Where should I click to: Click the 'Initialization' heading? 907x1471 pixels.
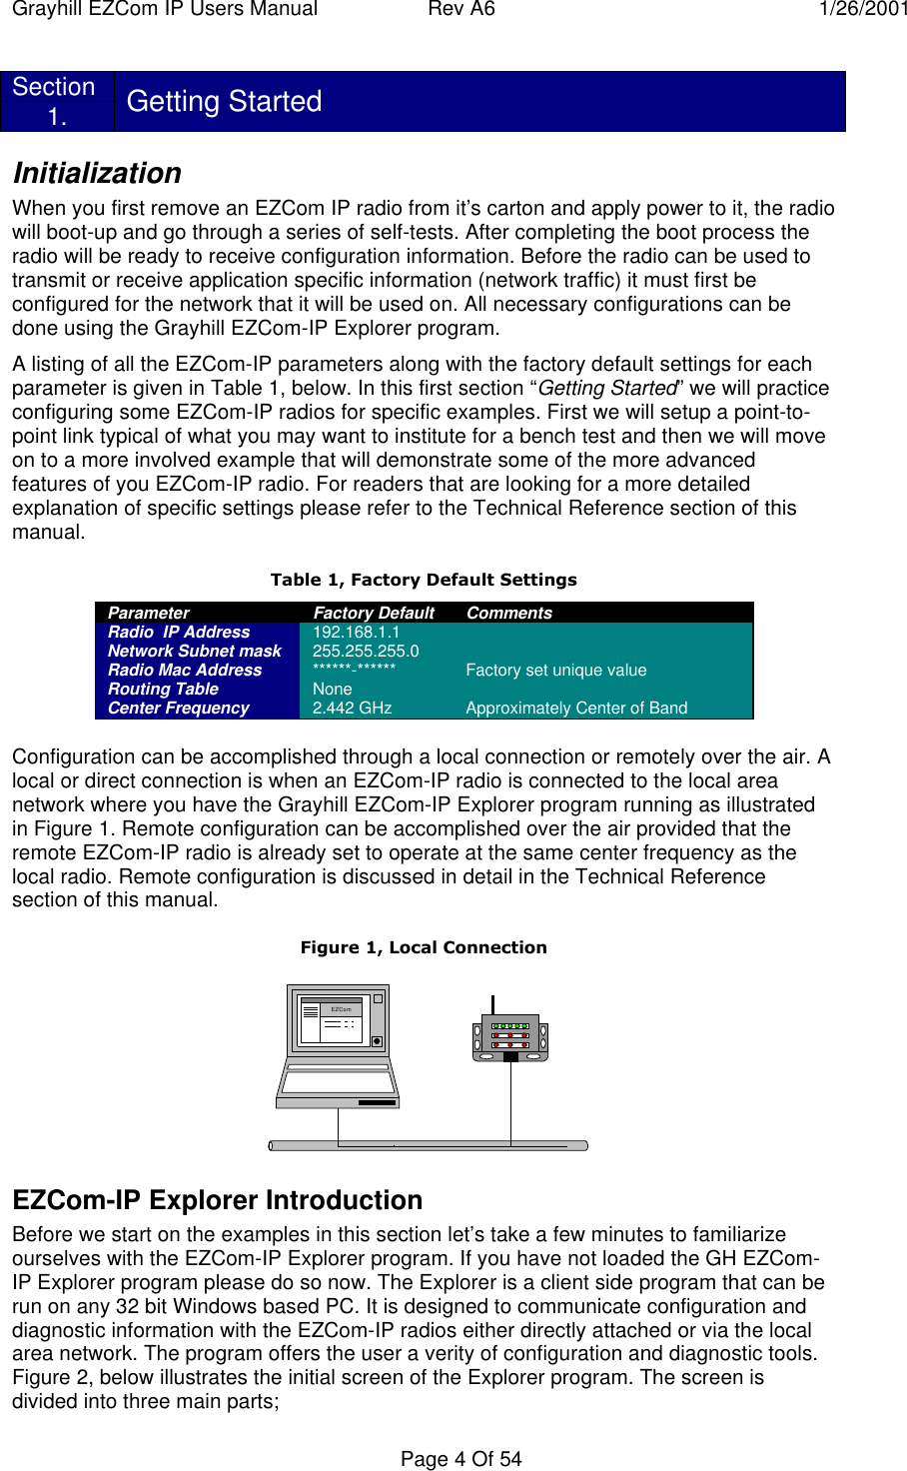tap(97, 173)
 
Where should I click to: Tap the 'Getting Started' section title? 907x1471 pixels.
tap(224, 101)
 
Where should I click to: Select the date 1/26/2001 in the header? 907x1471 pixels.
tap(863, 9)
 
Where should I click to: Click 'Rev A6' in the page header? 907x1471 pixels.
tap(460, 9)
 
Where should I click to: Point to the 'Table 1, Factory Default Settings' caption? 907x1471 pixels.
tap(424, 580)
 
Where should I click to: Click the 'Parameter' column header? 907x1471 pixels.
tap(148, 613)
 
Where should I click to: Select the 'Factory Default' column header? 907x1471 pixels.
tap(374, 613)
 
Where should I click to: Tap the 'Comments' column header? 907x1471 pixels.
tap(508, 613)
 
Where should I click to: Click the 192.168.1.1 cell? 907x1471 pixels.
tap(356, 632)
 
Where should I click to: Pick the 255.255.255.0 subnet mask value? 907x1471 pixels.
tap(366, 651)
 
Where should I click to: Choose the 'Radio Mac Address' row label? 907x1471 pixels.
tap(185, 670)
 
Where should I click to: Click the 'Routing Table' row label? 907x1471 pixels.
tap(163, 689)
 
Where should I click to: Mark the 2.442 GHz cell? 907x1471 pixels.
tap(352, 708)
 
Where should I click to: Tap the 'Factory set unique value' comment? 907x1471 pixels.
tap(555, 670)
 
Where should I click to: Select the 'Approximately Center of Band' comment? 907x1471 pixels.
tap(576, 708)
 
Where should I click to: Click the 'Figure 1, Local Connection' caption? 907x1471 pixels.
tap(424, 947)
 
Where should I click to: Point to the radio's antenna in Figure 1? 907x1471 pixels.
tap(492, 1004)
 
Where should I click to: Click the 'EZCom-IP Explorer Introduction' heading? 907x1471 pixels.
tap(217, 1200)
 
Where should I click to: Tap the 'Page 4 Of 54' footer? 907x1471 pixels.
tap(460, 1459)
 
